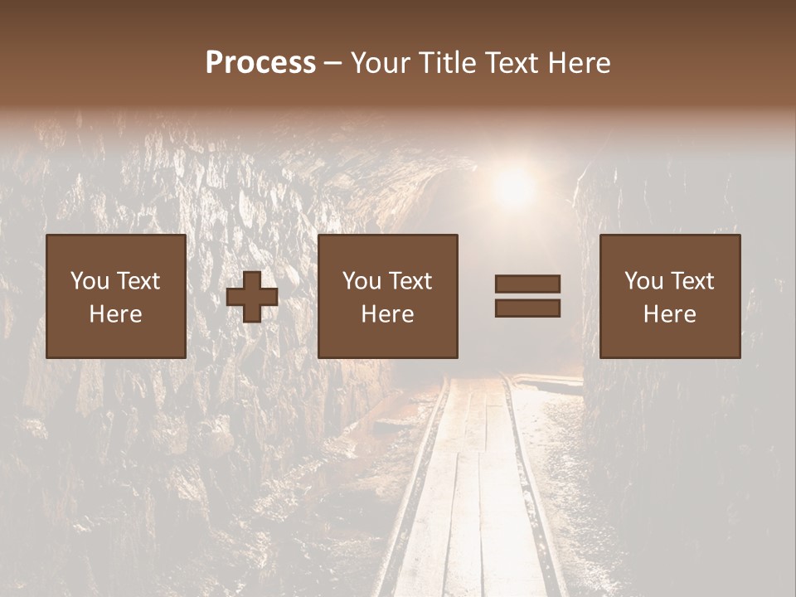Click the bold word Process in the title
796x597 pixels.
click(260, 63)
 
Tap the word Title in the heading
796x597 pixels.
click(446, 63)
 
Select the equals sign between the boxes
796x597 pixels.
click(527, 296)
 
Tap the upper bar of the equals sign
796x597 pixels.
click(527, 284)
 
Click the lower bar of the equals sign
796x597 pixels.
click(527, 308)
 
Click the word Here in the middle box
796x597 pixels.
click(387, 314)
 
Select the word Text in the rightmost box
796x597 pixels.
click(692, 281)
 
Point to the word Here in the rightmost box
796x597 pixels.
click(669, 314)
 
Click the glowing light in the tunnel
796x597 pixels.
click(514, 187)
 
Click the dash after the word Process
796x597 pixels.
click(333, 64)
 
